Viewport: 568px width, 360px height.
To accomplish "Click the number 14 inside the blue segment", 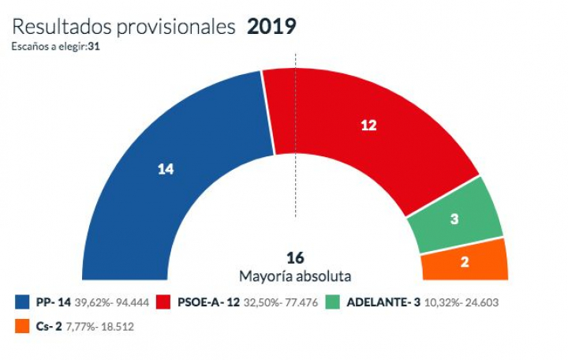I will (165, 168).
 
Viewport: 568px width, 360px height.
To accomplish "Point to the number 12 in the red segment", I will (368, 125).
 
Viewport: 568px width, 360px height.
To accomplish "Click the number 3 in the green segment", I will (454, 220).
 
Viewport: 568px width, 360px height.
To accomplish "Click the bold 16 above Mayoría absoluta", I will (295, 258).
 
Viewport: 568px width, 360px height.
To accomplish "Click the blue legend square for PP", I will (21, 302).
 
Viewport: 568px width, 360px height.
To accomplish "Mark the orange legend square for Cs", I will (21, 324).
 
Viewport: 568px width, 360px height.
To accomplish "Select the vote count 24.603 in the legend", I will (480, 302).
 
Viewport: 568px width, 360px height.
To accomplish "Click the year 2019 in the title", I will (271, 26).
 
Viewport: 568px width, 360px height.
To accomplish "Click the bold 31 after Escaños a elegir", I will (93, 46).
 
